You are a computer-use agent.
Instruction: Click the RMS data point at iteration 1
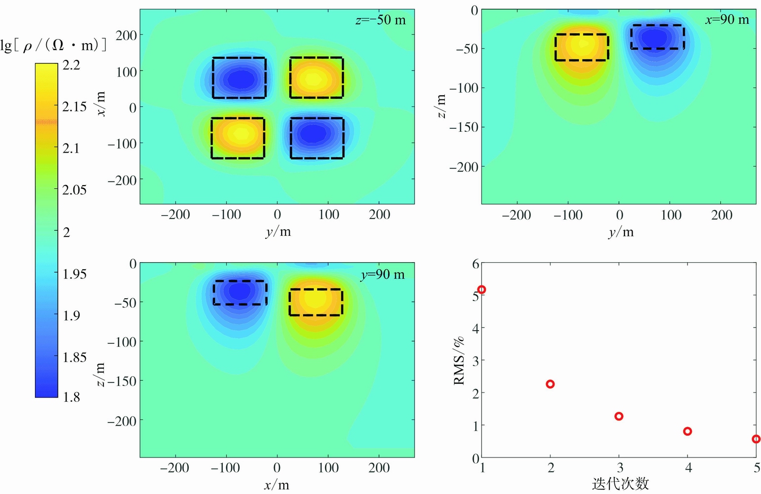coord(481,290)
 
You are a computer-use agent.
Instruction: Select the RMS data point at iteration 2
coord(550,384)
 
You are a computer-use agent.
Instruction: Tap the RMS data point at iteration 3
coord(618,416)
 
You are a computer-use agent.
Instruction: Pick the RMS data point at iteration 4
coord(687,432)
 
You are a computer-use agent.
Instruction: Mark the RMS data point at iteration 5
coord(756,439)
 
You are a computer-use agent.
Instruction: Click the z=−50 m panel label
coord(380,20)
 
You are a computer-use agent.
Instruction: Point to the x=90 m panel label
coord(727,20)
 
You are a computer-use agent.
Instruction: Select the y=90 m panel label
coord(383,275)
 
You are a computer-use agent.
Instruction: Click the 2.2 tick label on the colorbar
coord(71,65)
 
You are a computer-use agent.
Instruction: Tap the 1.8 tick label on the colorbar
coord(71,397)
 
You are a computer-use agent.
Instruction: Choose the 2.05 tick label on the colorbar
coord(74,190)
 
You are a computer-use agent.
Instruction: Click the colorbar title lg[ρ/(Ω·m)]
coord(53,45)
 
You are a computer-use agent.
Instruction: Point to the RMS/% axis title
coord(459,361)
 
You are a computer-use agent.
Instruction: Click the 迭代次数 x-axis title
coord(620,484)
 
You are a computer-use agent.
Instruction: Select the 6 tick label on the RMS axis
coord(475,264)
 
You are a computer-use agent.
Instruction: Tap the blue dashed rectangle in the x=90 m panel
coord(658,37)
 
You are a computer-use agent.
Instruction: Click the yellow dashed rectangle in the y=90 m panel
coord(316,302)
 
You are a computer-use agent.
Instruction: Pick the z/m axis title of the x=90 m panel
coord(441,106)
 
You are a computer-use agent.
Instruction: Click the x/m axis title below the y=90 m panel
coord(276,485)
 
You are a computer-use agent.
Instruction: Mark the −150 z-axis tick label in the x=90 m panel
coord(463,127)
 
